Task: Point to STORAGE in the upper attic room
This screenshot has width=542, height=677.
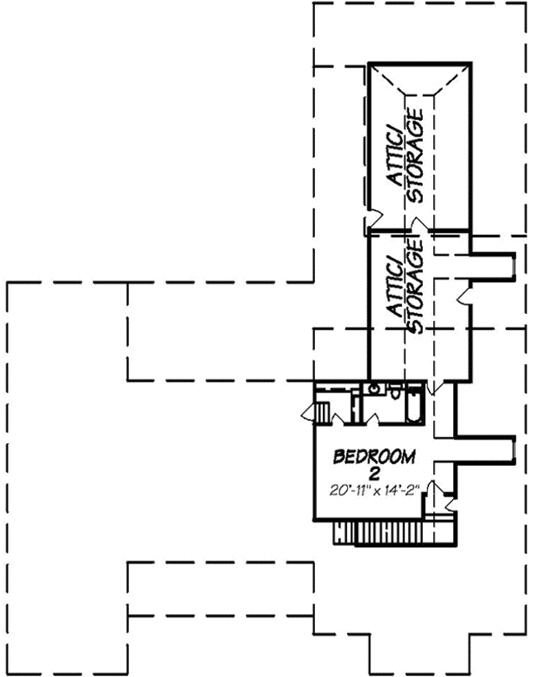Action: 416,155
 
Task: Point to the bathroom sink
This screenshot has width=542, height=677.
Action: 373,390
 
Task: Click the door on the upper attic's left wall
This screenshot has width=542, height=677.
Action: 372,221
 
